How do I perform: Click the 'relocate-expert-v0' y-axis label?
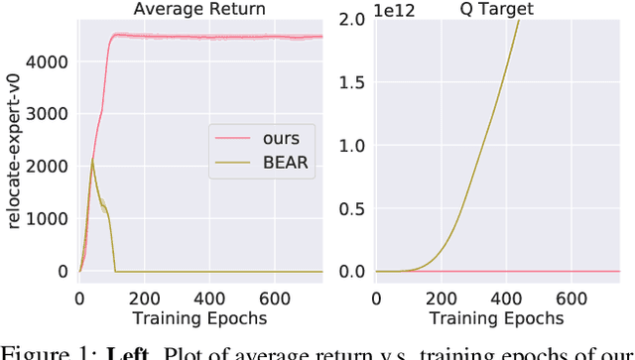click(13, 151)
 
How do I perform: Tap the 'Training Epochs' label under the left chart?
click(198, 318)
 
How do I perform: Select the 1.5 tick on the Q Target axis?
click(354, 83)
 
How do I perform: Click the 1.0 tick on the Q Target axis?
click(354, 146)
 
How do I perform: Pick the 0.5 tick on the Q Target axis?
click(354, 208)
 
